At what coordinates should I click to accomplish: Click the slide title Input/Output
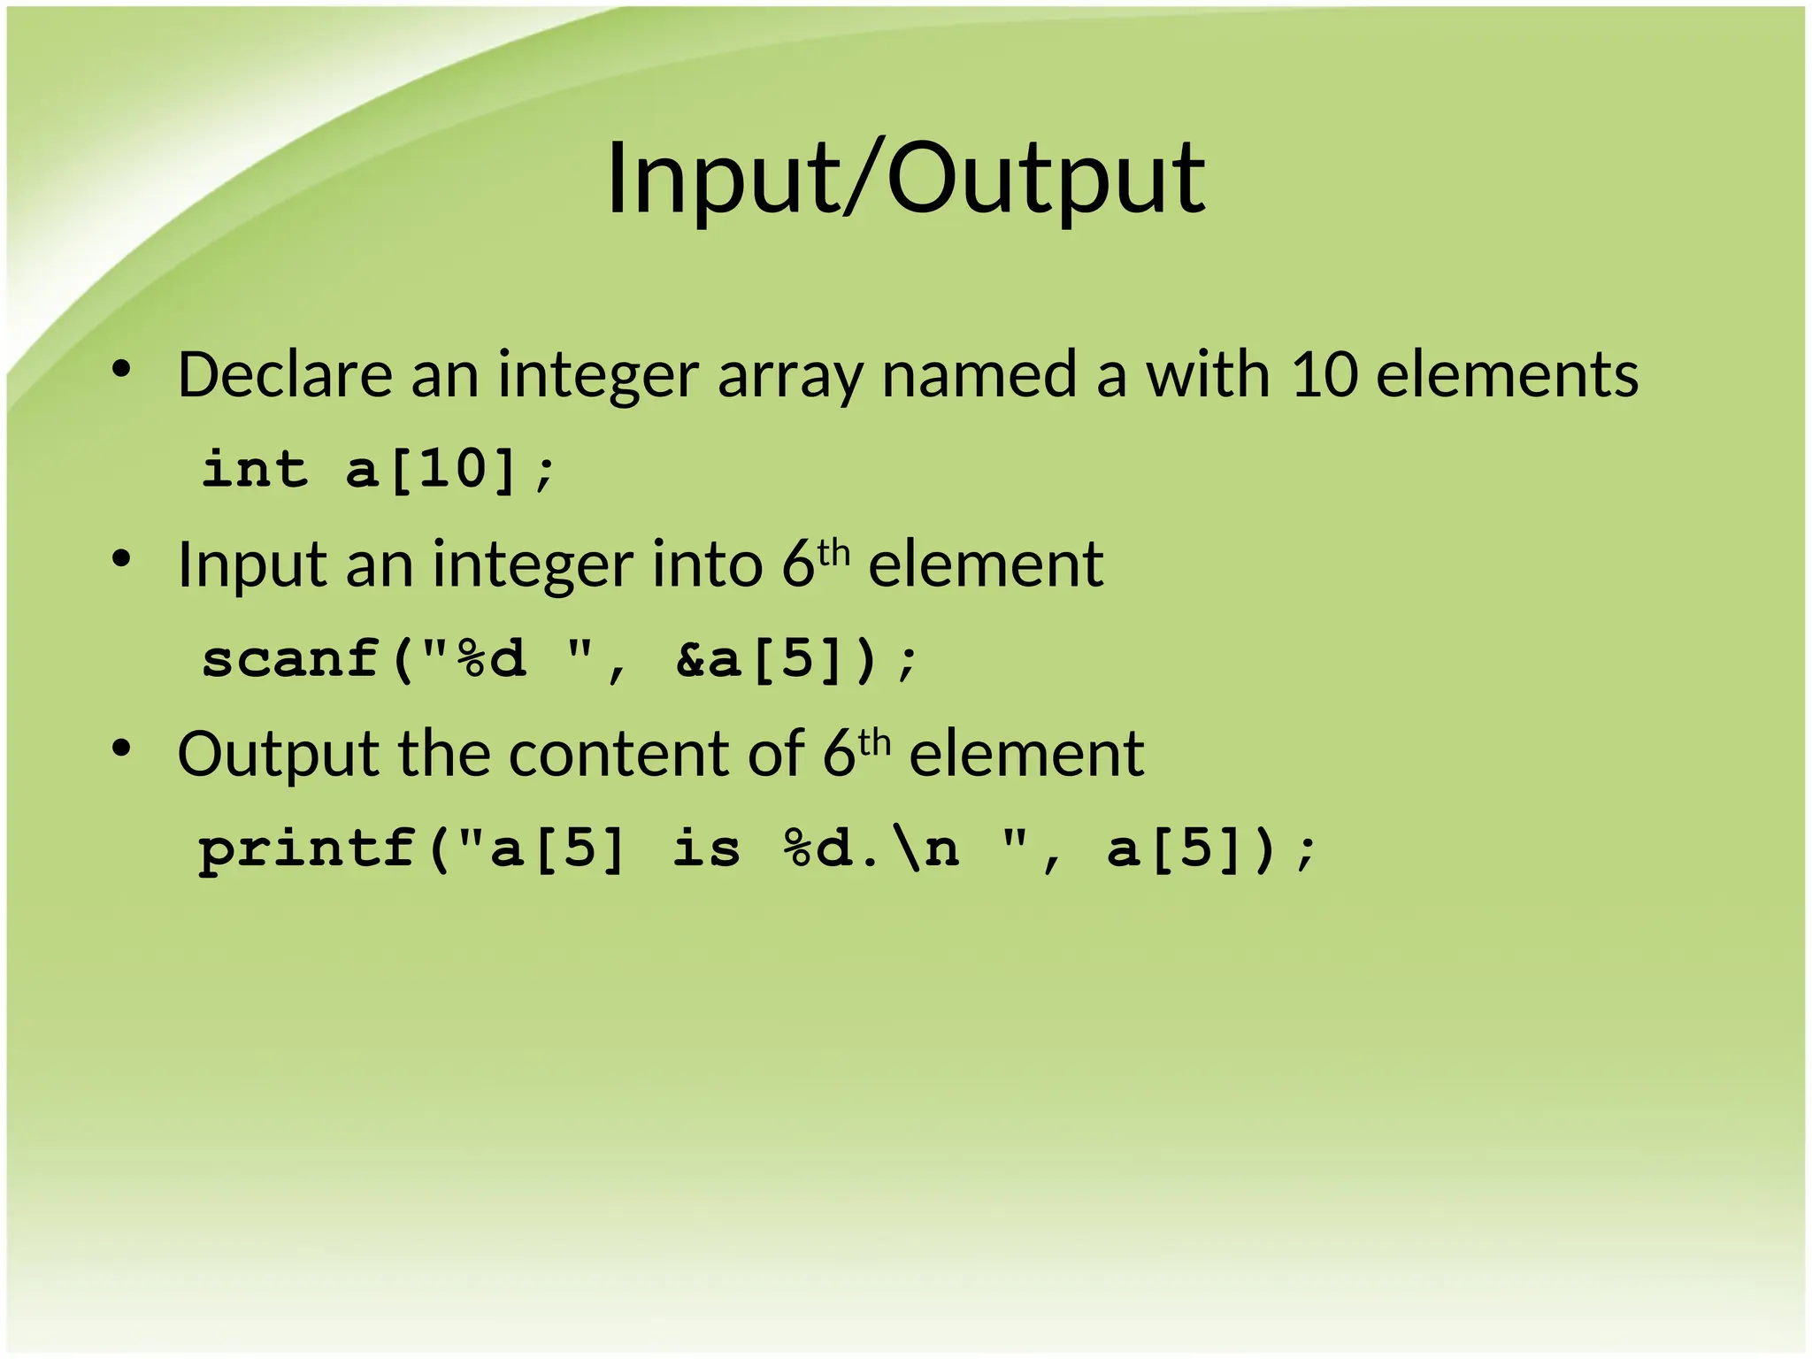click(905, 179)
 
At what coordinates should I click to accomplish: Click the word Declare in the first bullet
click(284, 375)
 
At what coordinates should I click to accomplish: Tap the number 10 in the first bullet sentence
click(1324, 375)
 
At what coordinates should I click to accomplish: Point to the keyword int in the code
click(255, 469)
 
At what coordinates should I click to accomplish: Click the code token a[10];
click(450, 471)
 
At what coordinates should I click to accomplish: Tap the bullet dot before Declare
click(122, 370)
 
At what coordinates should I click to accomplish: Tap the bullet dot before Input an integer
click(122, 560)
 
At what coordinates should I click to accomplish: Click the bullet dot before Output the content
click(122, 749)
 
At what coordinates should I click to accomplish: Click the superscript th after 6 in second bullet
click(833, 554)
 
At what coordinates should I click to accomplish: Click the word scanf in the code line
click(291, 660)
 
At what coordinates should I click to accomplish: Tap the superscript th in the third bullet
click(874, 743)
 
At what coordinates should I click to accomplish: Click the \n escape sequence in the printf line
click(925, 849)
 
